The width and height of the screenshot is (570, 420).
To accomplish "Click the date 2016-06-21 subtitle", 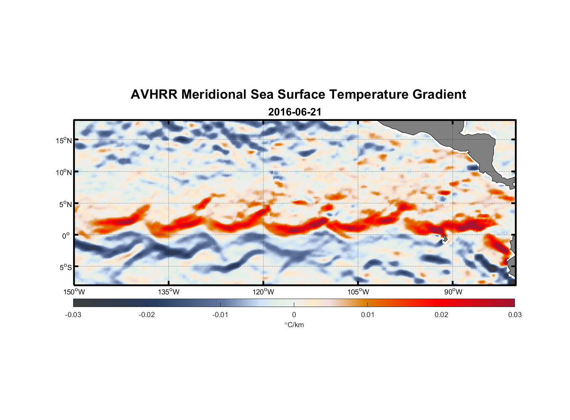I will [x=295, y=112].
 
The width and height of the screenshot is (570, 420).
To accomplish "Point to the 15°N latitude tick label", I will [x=63, y=140].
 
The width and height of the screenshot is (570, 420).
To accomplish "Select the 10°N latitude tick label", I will [x=63, y=172].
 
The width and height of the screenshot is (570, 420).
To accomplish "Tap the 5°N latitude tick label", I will [x=65, y=204].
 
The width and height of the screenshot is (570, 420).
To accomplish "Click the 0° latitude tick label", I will [x=66, y=236].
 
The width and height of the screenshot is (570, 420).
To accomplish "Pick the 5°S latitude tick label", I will [x=65, y=268].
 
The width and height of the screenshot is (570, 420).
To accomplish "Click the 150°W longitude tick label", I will [x=74, y=292].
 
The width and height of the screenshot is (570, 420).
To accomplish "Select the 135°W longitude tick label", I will [x=169, y=292].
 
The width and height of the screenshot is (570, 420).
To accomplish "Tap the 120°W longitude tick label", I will [x=263, y=292].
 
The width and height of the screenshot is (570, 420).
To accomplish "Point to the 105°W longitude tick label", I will [x=358, y=292].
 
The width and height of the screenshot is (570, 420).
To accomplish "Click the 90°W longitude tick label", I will [x=453, y=292].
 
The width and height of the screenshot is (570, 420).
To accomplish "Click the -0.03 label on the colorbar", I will [x=73, y=315].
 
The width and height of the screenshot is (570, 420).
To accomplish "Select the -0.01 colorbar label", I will [x=220, y=315].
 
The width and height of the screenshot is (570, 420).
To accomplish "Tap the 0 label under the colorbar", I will [x=294, y=315].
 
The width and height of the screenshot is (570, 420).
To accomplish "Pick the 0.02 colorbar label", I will [x=441, y=315].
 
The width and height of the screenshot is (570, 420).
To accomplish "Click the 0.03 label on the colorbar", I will [x=515, y=315].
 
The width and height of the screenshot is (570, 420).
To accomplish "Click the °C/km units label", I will [x=294, y=325].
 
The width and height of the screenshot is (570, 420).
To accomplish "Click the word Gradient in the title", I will [x=439, y=94].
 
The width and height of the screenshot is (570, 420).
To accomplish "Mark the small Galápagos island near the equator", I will [x=445, y=239].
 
